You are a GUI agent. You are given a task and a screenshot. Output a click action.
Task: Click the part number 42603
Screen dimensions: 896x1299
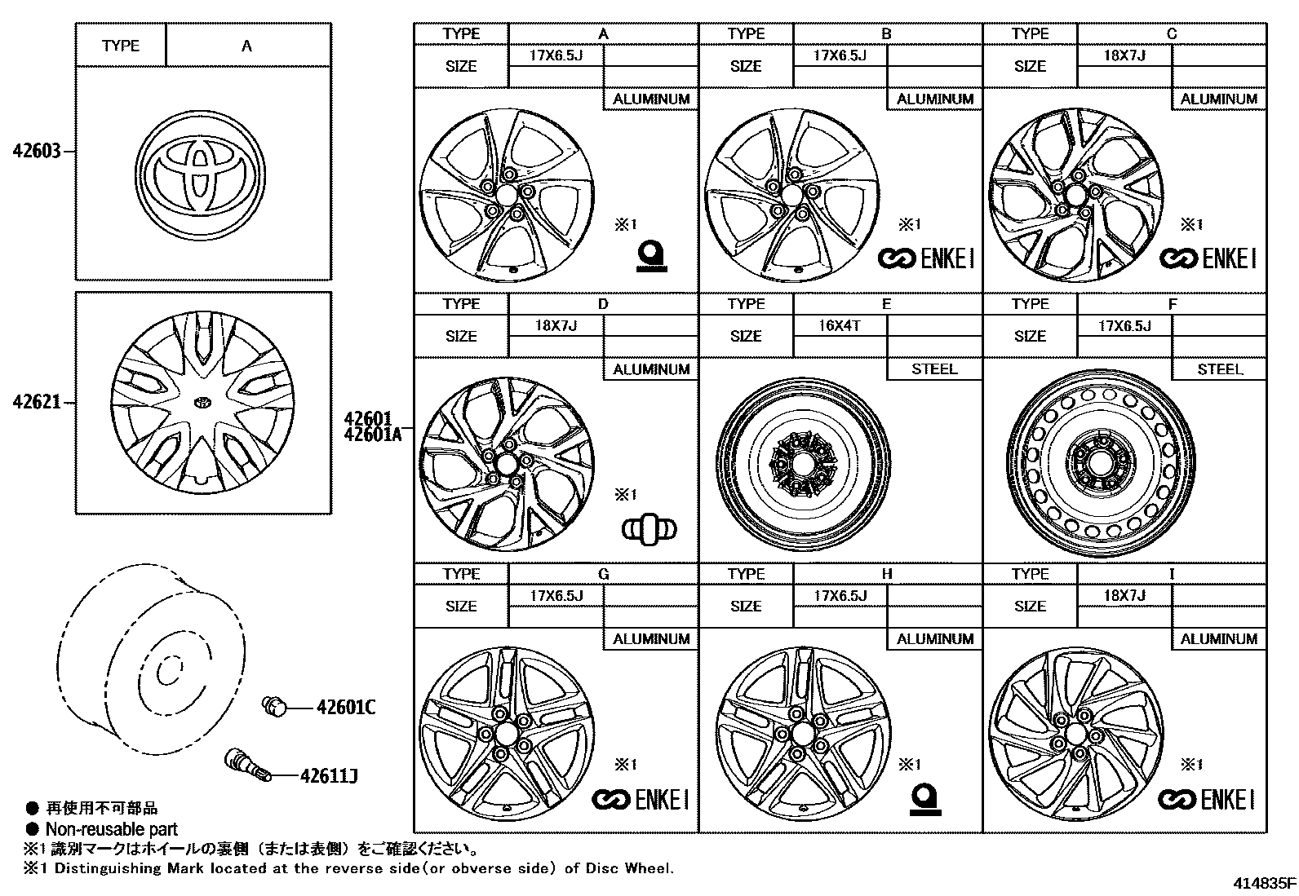37,152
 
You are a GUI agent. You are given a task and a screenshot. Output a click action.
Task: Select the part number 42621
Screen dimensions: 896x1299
37,402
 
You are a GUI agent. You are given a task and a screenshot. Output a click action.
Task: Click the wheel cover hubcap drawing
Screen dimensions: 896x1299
202,402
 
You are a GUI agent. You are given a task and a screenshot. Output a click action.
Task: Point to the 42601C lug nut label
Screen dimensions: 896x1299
346,707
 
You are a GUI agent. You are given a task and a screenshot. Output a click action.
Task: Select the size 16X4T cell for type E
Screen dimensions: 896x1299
840,325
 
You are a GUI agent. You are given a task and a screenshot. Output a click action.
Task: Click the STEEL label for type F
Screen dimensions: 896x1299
1219,369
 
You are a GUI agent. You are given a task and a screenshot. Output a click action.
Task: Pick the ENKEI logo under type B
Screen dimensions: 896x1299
925,259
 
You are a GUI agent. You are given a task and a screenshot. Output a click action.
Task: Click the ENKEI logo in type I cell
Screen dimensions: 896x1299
1208,800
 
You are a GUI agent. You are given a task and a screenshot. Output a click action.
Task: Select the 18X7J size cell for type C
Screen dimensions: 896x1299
1124,55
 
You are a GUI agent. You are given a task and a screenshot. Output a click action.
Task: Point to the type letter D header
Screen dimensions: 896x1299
603,304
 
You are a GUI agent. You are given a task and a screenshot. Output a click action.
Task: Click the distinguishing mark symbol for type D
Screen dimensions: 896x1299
649,529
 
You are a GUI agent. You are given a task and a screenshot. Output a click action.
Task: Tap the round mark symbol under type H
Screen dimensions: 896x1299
925,798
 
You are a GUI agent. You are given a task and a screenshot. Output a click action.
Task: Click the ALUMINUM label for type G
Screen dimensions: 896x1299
651,639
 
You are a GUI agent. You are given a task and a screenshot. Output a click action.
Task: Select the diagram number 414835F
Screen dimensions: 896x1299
1264,883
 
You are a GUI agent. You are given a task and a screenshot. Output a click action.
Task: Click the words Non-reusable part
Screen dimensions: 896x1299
111,829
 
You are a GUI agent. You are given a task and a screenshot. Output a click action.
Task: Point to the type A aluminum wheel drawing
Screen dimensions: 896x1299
505,194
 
